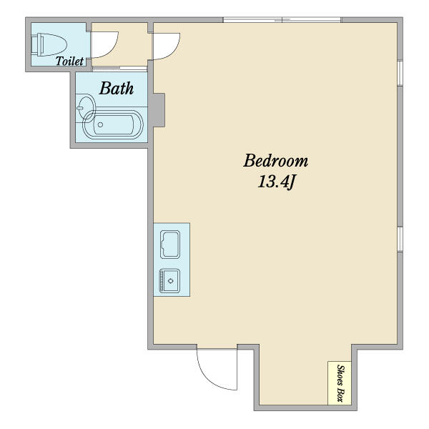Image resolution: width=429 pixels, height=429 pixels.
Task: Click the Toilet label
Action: point(69,61)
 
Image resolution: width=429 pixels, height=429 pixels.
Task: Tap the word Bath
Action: point(117,89)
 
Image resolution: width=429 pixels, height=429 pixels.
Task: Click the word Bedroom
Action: point(276,161)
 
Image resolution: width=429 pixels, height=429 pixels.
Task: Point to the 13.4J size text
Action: point(276,182)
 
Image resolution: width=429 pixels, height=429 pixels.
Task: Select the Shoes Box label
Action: point(340,383)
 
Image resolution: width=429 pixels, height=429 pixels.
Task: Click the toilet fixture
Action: point(49,44)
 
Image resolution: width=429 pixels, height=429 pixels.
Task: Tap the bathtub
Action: point(113,125)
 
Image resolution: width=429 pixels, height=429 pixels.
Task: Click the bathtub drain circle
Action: point(100,124)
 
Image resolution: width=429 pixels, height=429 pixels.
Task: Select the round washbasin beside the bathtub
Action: point(87,108)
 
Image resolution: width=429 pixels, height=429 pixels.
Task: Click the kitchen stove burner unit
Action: point(170,245)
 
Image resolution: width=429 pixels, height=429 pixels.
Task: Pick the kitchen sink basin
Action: point(170,281)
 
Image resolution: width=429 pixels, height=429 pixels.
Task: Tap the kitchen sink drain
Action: point(171,281)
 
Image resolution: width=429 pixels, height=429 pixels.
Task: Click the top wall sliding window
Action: point(282,20)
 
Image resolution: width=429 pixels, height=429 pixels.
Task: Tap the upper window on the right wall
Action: point(400,74)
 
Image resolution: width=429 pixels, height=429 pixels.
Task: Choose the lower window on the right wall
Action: point(400,239)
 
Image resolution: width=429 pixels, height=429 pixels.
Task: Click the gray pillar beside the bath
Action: point(157,110)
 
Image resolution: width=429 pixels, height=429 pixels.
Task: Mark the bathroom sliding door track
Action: point(119,69)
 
